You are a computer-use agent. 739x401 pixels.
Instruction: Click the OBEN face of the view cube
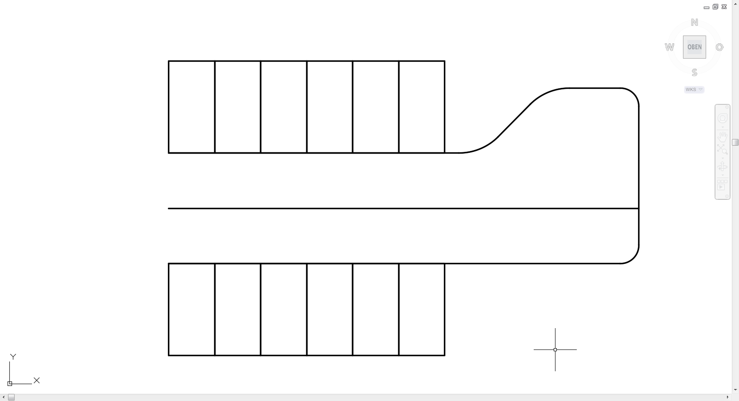click(695, 47)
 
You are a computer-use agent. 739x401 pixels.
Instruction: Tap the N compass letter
click(695, 22)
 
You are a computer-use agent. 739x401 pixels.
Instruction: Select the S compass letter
click(695, 72)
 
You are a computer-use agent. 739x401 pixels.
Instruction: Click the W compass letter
click(669, 48)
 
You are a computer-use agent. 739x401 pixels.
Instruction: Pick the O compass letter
click(719, 47)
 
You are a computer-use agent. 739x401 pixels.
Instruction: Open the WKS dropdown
click(694, 90)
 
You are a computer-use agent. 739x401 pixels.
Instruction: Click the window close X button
click(724, 7)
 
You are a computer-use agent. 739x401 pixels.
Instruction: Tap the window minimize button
click(707, 8)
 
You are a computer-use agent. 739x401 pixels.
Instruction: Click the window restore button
click(715, 7)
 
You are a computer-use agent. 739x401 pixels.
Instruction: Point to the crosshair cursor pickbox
click(555, 349)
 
